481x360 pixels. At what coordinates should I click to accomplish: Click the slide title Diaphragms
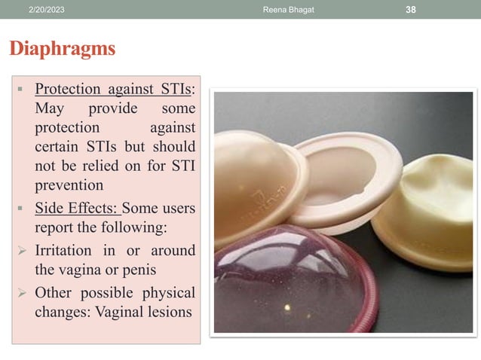click(x=62, y=49)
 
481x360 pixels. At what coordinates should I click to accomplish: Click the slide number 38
click(x=411, y=8)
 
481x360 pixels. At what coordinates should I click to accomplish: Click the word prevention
click(x=69, y=184)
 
